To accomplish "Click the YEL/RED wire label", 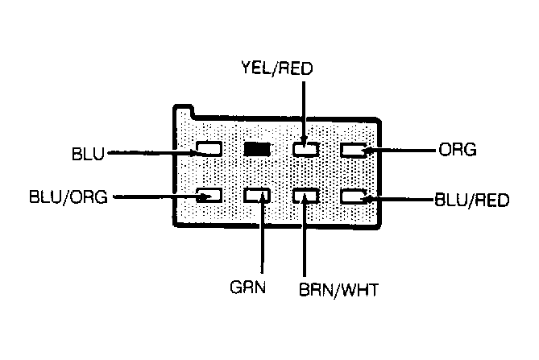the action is pos(277,68).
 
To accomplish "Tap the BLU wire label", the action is pos(88,154).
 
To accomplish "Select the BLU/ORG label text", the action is pos(68,197).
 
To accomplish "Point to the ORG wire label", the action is pos(458,150).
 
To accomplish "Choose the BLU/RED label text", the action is pos(471,200).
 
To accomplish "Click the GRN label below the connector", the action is pos(248,287).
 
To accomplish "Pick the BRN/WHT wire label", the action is pos(338,290).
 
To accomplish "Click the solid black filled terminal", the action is pos(257,150).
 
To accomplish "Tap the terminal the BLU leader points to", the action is pos(209,149).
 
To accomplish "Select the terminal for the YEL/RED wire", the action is pos(306,150).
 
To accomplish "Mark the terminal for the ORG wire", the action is pos(354,150).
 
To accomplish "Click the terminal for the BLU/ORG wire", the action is pos(209,196).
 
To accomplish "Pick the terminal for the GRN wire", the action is pos(257,196).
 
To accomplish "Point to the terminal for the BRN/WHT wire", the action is pos(306,196).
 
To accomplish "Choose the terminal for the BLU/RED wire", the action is pos(354,197).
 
